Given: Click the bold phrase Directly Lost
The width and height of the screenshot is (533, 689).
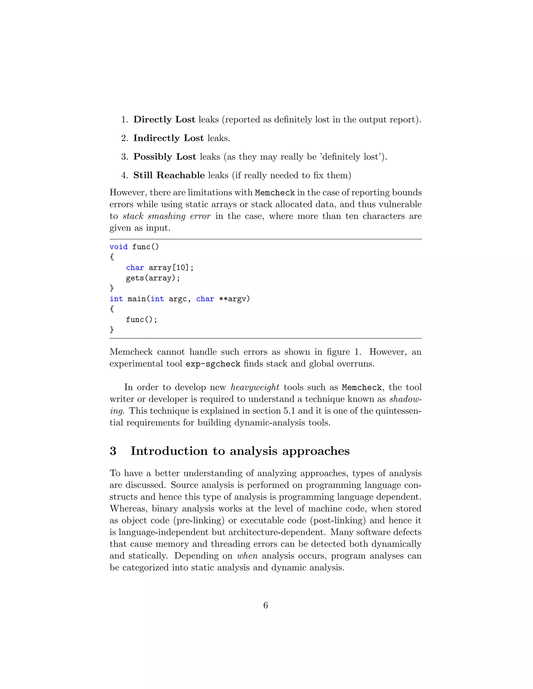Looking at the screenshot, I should (x=164, y=120).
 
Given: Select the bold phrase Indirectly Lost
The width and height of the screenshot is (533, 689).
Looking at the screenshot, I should (x=168, y=138).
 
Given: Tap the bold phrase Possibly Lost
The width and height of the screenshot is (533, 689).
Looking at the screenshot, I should (x=164, y=157).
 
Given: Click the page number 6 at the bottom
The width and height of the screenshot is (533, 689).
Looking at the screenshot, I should (x=265, y=605).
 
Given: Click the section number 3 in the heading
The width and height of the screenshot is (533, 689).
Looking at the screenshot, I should (x=113, y=451).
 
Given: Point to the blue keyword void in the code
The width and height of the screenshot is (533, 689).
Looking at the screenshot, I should (x=118, y=247).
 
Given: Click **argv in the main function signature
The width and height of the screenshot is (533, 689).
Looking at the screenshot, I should (x=234, y=299).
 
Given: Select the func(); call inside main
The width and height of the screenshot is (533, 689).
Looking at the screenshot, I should (x=142, y=320).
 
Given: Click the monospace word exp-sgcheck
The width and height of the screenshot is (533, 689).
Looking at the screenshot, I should (x=213, y=364).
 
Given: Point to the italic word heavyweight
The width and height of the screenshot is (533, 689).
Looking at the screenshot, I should (x=255, y=387).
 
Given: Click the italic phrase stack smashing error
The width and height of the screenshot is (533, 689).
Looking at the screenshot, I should (x=166, y=216).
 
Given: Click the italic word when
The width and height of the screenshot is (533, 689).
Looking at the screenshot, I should (x=247, y=556).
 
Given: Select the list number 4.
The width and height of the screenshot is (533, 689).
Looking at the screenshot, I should (x=124, y=175).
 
